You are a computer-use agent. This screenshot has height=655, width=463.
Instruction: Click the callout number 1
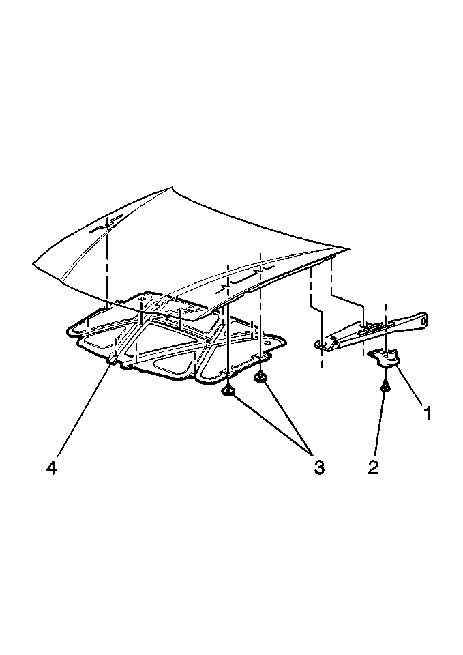tap(427, 413)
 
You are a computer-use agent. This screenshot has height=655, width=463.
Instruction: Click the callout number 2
tap(373, 467)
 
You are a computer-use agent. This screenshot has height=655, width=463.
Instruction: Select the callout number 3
tap(319, 467)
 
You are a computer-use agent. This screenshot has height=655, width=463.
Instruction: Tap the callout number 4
tap(51, 467)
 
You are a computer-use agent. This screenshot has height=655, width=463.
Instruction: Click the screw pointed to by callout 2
tap(385, 387)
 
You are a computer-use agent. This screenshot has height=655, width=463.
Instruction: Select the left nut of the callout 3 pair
tap(228, 392)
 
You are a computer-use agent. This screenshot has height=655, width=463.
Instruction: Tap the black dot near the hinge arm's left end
tap(333, 338)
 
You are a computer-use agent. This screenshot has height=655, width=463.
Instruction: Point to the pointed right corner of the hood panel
tap(348, 249)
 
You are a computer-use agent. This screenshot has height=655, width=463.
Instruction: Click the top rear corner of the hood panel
tap(171, 188)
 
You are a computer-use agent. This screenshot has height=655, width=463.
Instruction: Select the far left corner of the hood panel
tap(34, 263)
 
